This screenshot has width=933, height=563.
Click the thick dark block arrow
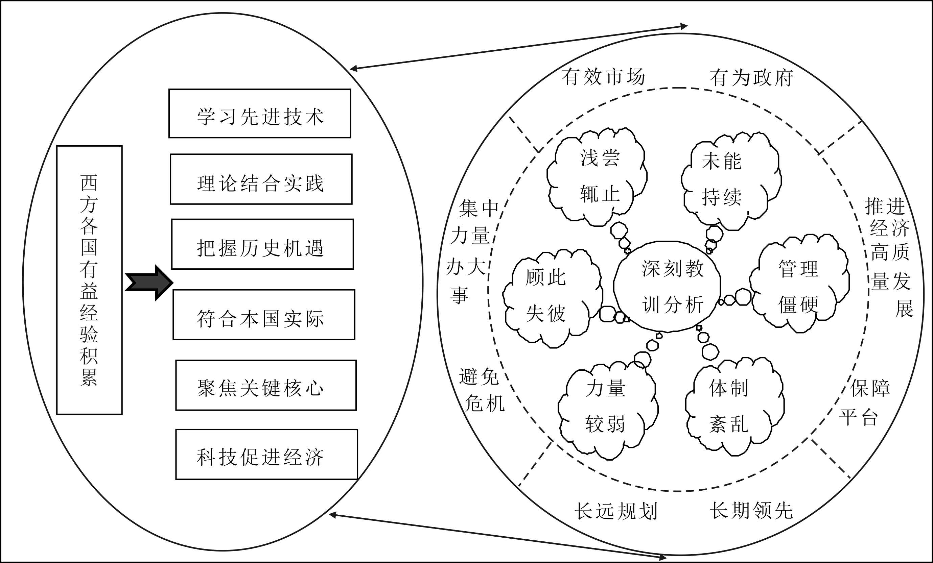pyautogui.click(x=149, y=283)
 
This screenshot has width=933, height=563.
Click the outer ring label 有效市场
pyautogui.click(x=603, y=77)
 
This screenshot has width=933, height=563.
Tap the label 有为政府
pyautogui.click(x=752, y=78)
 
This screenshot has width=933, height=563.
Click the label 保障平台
pyautogui.click(x=864, y=403)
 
